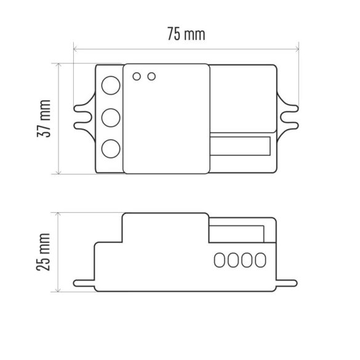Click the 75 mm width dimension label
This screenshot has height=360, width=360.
(186, 34)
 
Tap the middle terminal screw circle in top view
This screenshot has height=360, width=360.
(110, 117)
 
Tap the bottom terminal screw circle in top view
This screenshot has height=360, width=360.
(110, 149)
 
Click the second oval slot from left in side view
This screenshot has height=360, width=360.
(234, 260)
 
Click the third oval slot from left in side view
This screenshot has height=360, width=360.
(247, 260)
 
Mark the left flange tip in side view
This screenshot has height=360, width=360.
(78, 284)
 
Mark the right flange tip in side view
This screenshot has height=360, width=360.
(294, 284)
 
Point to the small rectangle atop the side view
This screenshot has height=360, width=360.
(238, 233)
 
